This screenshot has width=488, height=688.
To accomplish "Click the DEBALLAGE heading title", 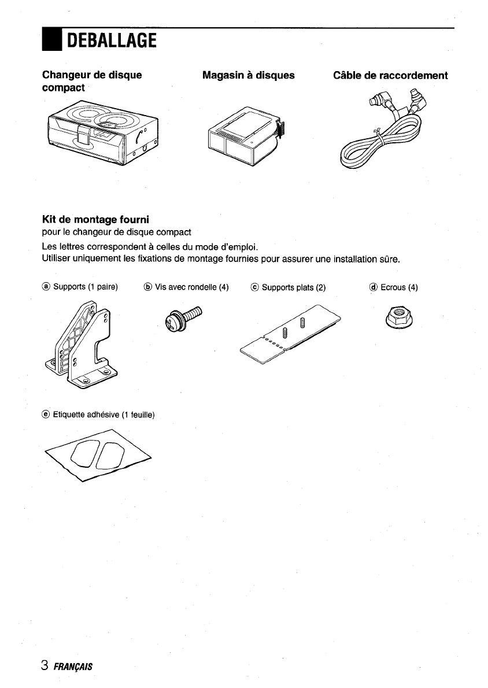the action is click(x=112, y=40).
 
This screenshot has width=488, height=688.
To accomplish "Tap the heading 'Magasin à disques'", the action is click(x=248, y=75).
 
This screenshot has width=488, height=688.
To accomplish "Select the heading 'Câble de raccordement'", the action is click(x=390, y=75).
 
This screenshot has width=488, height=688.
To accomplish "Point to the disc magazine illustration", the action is click(x=243, y=135).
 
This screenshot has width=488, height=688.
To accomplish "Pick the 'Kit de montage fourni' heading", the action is click(x=95, y=220).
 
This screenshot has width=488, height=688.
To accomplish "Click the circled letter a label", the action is click(x=46, y=287).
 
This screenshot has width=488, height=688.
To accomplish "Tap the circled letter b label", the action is click(x=147, y=287).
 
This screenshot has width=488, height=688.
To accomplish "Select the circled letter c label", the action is click(x=255, y=287).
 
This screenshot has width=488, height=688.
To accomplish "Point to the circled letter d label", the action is click(x=374, y=287).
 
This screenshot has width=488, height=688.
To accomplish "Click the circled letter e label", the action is click(x=46, y=414).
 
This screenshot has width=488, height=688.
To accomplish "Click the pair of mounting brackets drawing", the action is click(x=84, y=349).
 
